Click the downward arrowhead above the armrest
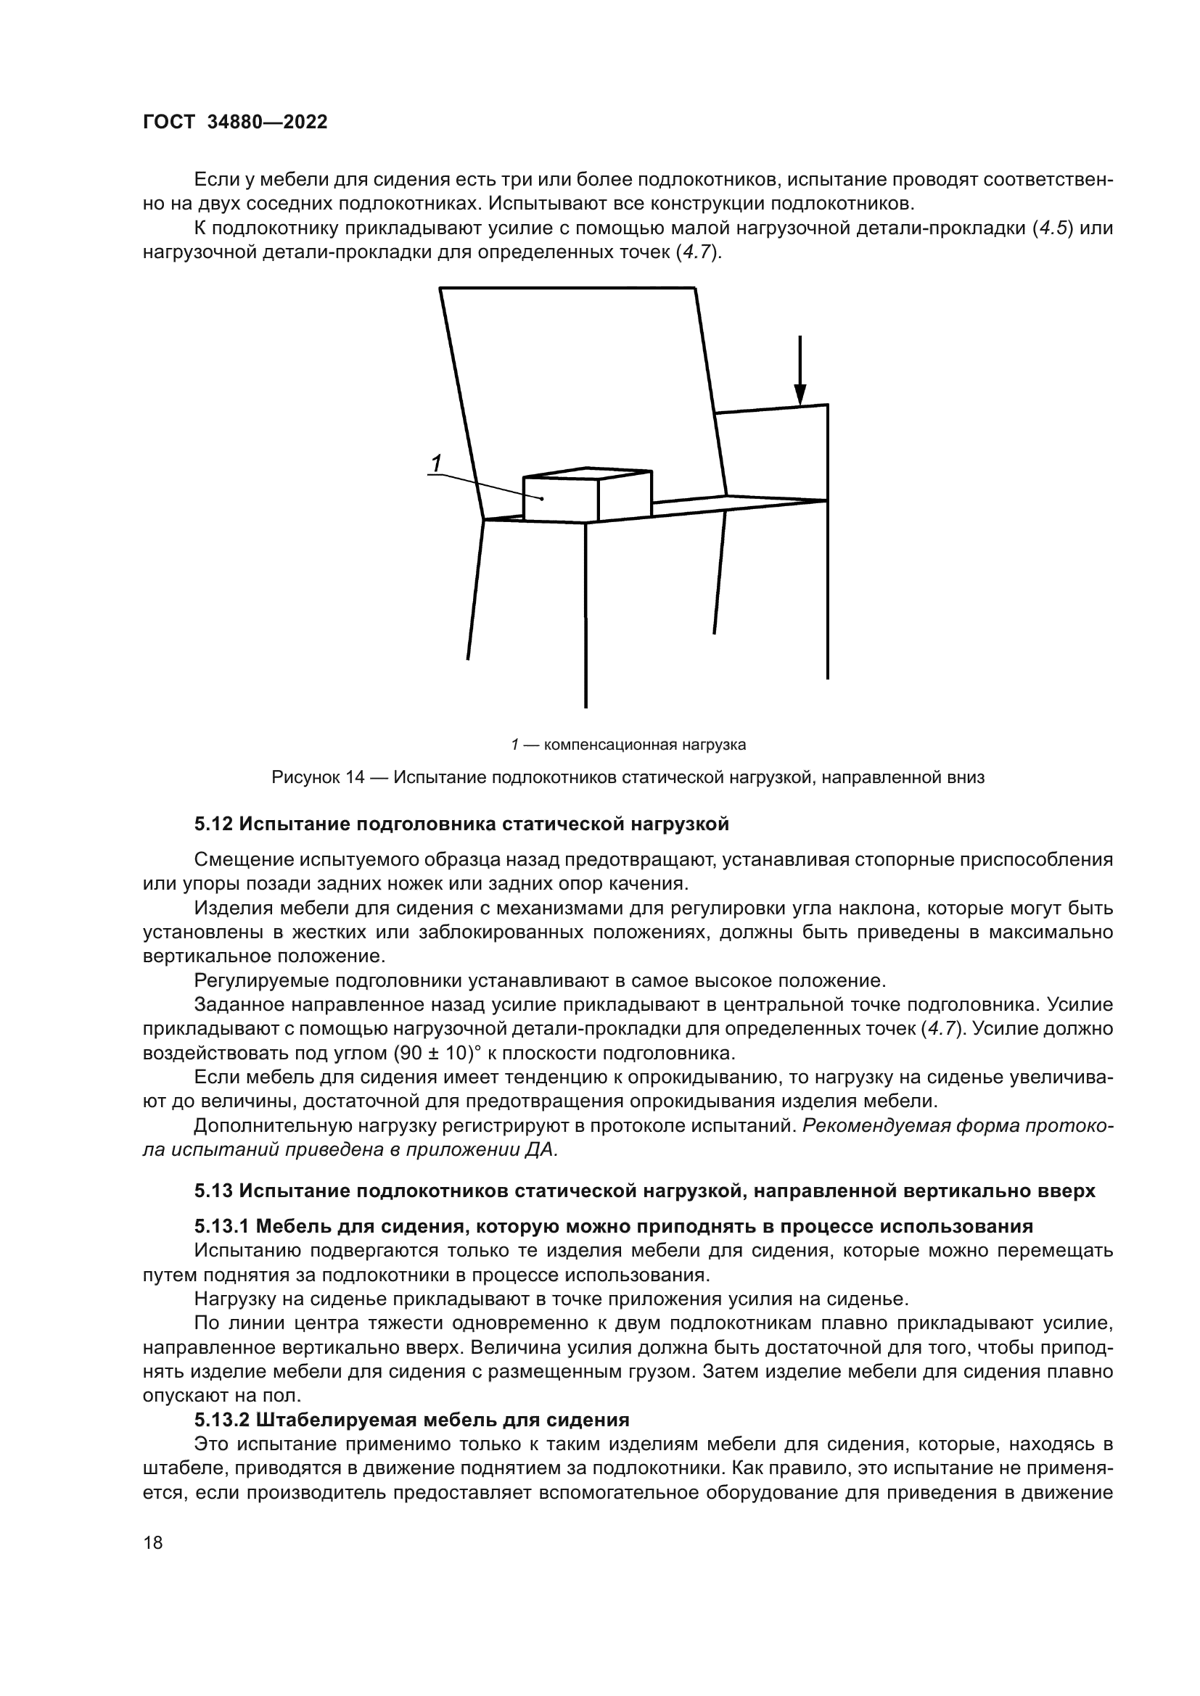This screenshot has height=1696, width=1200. point(800,394)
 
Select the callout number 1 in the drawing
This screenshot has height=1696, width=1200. point(436,463)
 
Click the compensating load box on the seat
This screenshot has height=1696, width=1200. point(562,500)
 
